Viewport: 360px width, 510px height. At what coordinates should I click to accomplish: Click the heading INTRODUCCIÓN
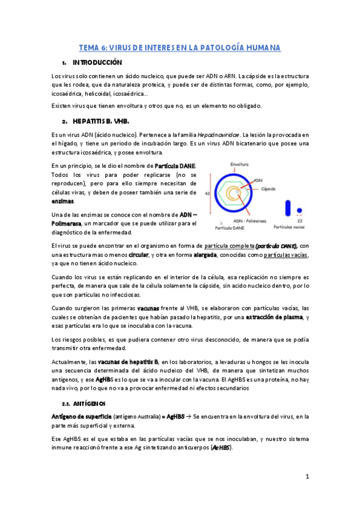pos(97,63)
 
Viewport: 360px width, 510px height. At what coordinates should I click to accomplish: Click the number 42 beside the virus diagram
pos(207,194)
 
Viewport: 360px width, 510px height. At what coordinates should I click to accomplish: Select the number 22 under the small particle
pos(299,221)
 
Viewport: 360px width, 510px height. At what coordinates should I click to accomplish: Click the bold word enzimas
pos(63,201)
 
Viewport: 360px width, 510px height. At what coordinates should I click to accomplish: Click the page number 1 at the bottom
pos(307,477)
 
